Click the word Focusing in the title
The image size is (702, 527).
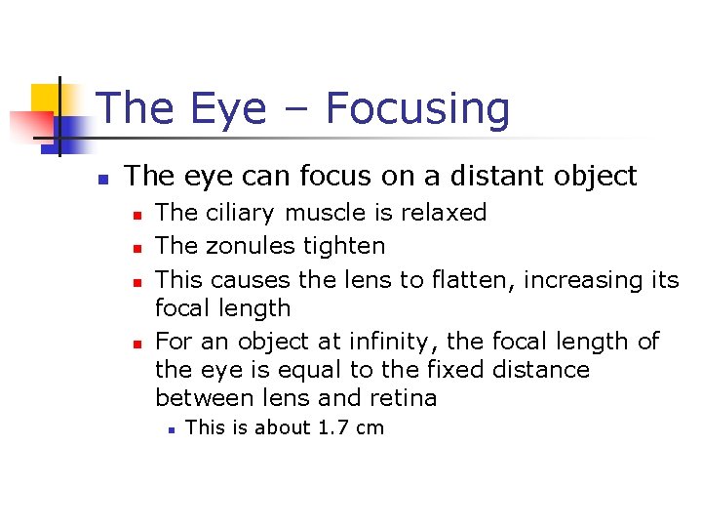point(417,109)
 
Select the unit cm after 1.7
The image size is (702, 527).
point(370,427)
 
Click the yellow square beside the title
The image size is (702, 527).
point(46,98)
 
